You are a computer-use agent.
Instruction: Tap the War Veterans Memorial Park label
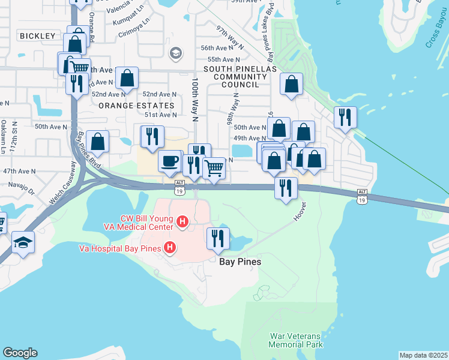pos(295,340)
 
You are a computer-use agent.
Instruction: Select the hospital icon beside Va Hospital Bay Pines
pos(170,247)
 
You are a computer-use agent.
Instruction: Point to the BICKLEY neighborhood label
pos(37,36)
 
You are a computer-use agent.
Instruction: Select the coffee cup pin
pos(170,161)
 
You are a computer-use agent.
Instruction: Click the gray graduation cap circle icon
pos(175,53)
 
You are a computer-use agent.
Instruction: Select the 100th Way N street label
pos(195,99)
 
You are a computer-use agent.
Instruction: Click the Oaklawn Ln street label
pos(3,136)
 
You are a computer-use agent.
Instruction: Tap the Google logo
pos(20,353)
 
